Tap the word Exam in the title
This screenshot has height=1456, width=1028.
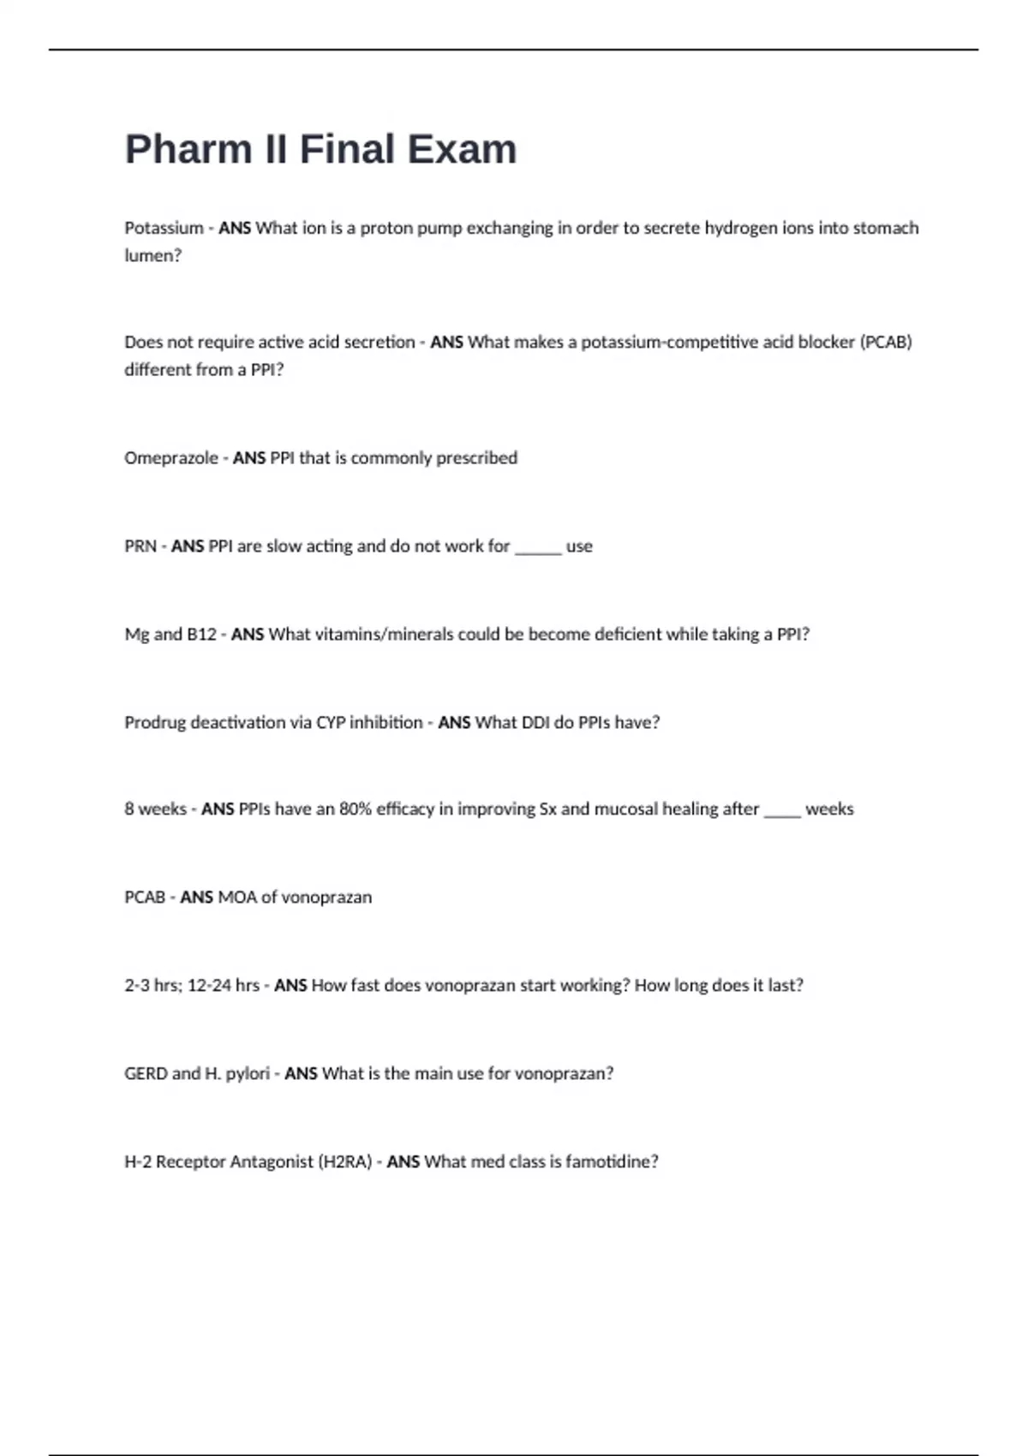click(462, 150)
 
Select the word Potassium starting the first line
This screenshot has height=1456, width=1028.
click(164, 228)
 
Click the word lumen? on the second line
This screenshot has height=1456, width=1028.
click(153, 255)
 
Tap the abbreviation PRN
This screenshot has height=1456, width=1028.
click(140, 546)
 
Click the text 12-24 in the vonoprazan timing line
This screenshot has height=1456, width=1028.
click(209, 985)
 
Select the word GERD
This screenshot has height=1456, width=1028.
click(146, 1073)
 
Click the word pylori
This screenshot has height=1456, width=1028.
click(248, 1074)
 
